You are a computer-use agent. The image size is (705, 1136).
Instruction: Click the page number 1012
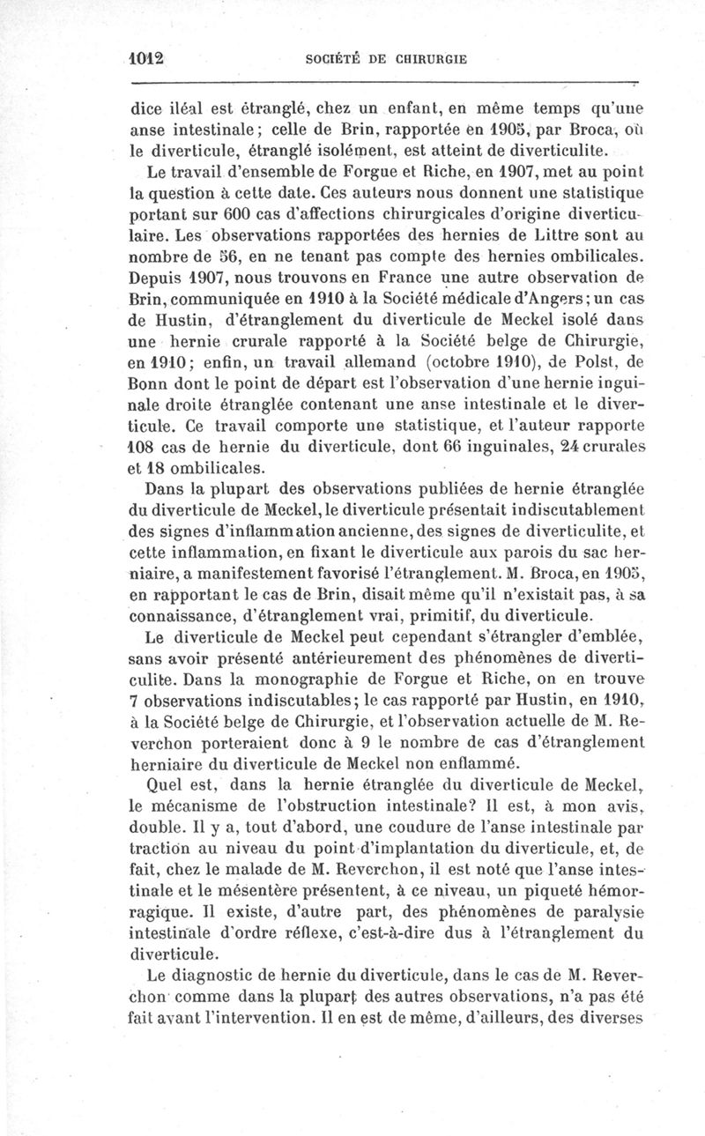(x=146, y=58)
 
